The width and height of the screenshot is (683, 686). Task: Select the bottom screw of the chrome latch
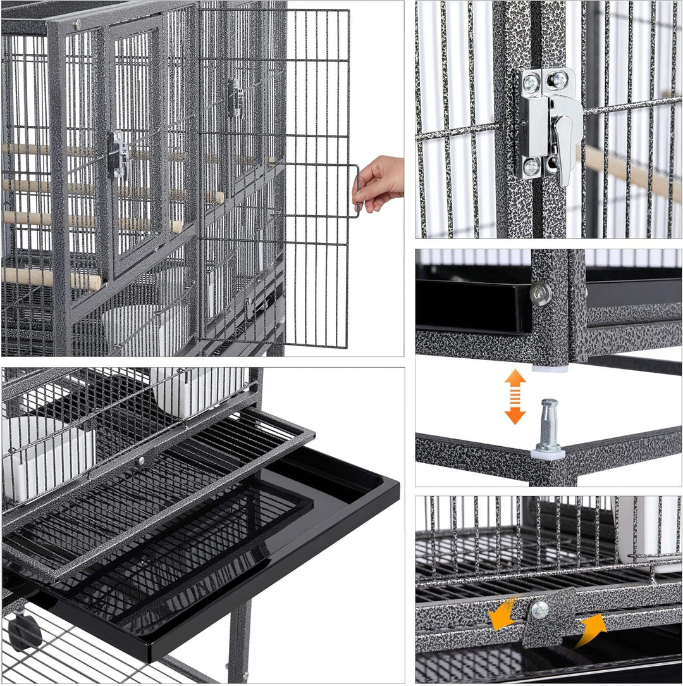(x=532, y=167)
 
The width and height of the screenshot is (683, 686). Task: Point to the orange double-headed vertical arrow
(x=515, y=396)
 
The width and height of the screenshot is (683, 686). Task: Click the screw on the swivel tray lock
(x=539, y=609)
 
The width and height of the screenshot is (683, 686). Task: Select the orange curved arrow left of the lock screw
(x=503, y=615)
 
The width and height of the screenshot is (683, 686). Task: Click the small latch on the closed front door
(x=118, y=152)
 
